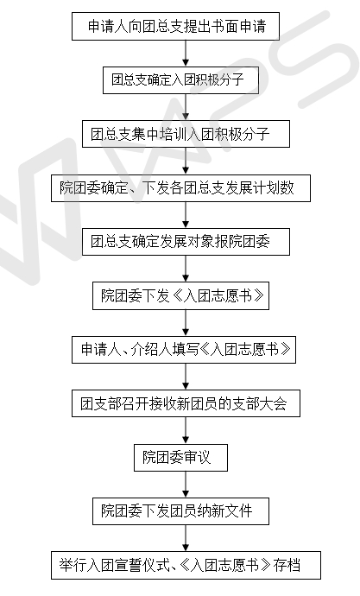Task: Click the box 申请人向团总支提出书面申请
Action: pyautogui.click(x=175, y=26)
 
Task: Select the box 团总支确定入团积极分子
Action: pyautogui.click(x=180, y=80)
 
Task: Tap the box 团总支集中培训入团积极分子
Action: pyautogui.click(x=186, y=134)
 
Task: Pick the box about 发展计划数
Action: pyautogui.click(x=180, y=188)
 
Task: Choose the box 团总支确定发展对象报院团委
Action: pyautogui.click(x=186, y=242)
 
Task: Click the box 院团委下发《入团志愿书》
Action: pyautogui.click(x=180, y=295)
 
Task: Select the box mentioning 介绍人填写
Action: pyautogui.click(x=184, y=350)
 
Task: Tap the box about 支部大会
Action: pyautogui.click(x=186, y=403)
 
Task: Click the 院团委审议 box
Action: pyautogui.click(x=180, y=458)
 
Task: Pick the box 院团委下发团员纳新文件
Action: pyautogui.click(x=180, y=511)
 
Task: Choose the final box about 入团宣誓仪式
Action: pyautogui.click(x=186, y=565)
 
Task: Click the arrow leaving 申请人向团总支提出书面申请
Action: pyautogui.click(x=186, y=54)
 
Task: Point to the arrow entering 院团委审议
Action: pyautogui.click(x=186, y=430)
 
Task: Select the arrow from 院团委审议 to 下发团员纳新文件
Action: pyautogui.click(x=186, y=485)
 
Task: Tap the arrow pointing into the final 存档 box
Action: pyautogui.click(x=186, y=538)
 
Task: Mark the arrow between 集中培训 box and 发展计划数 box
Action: pyautogui.click(x=186, y=162)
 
